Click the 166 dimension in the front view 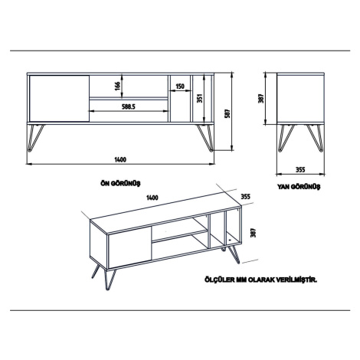click(x=117, y=87)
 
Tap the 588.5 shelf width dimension click(x=128, y=106)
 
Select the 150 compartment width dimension click(x=180, y=87)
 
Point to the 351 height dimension click(x=200, y=98)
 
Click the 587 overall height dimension click(x=227, y=113)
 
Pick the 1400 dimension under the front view click(x=120, y=160)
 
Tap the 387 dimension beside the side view click(x=260, y=99)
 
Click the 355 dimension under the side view click(x=300, y=169)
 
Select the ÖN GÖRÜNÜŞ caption click(x=121, y=183)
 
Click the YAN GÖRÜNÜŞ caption click(x=299, y=187)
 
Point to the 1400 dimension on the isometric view click(x=152, y=198)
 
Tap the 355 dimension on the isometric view click(x=246, y=197)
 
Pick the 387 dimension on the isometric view click(x=253, y=233)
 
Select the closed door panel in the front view click(x=59, y=98)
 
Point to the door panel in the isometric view click(x=130, y=247)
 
